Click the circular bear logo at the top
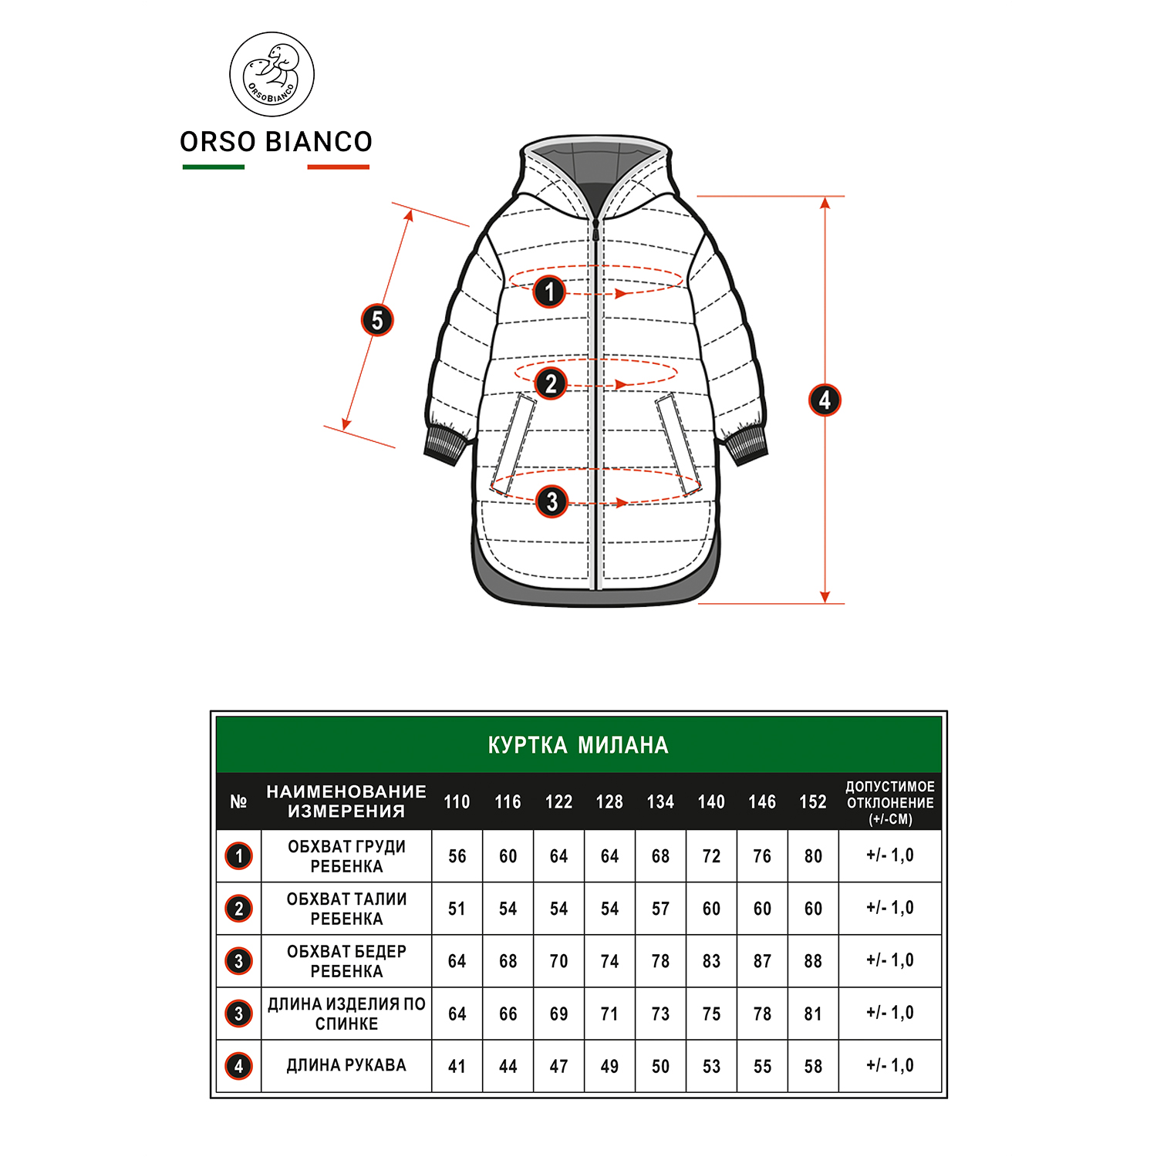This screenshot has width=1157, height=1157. pos(272,75)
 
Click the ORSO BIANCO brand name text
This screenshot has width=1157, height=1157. pos(276,142)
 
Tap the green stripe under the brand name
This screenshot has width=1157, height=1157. pos(214,167)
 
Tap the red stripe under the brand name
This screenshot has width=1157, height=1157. pos(339,167)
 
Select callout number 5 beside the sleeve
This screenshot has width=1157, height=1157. pos(377,320)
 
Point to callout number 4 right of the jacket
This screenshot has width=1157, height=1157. pos(825,400)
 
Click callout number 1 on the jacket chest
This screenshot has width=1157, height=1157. pos(549,292)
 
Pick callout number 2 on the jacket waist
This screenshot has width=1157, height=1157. pos(550,383)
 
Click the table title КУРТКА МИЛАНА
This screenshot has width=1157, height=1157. pos(578,745)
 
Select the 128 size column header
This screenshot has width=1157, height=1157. pos(609,802)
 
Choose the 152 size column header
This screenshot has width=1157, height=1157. pos(813,802)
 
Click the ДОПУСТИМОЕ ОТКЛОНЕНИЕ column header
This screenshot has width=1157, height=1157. pos(890,803)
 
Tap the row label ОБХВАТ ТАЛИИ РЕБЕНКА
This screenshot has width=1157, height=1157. pos(346,909)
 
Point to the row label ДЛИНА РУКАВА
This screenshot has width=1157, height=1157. pos(346,1065)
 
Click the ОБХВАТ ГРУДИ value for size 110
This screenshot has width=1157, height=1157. pos(457,856)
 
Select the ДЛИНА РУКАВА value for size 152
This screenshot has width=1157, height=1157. pos(813,1066)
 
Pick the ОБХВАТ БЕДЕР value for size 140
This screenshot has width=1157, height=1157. pos(711,961)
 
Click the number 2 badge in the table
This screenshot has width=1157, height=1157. pos(239,909)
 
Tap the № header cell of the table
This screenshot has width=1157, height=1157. pos(238,802)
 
